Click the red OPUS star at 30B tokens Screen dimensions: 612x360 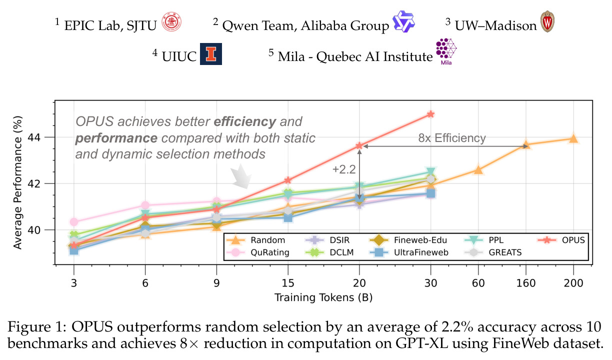pos(430,114)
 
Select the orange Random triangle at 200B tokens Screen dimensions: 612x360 pos(573,139)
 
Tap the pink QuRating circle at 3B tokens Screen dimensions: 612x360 pos(74,222)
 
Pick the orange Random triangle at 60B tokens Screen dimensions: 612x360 pos(478,170)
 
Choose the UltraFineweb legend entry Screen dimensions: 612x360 pos(408,252)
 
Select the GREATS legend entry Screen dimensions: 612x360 pos(493,252)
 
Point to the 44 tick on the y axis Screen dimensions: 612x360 pos(34,137)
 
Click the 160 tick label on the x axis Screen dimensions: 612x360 pos(526,283)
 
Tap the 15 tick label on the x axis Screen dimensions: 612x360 pos(287,283)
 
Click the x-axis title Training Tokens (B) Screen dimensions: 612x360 pos(323,297)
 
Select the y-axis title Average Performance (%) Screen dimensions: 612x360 pos(17,182)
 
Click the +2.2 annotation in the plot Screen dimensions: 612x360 pos(344,169)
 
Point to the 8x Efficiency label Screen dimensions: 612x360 pos(452,138)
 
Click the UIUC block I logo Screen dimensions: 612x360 pos(211,54)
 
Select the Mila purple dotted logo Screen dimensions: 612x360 pos(446,51)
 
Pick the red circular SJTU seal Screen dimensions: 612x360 pos(171,22)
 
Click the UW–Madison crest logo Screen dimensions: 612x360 pos(547,21)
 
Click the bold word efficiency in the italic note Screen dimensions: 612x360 pos(245,121)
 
